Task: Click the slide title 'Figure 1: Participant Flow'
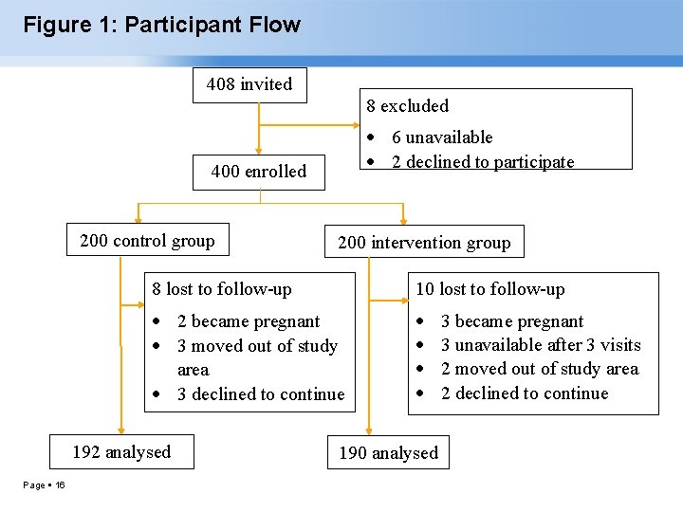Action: coord(161,26)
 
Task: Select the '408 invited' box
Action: coord(249,84)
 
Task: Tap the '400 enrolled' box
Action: coord(258,172)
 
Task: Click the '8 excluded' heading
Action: coord(407,106)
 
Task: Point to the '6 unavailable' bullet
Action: coord(442,137)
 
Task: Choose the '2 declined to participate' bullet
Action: coord(483,162)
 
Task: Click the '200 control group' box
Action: coord(147,241)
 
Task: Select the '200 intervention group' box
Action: coord(424,243)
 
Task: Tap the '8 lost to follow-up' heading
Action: coord(222,289)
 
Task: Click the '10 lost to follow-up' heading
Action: coord(489,289)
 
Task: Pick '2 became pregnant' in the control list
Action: coord(249,321)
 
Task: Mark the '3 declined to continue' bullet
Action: coord(261,394)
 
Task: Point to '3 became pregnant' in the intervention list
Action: coord(512,321)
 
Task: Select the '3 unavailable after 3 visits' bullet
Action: coord(541,345)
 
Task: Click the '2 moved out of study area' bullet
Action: coord(540,369)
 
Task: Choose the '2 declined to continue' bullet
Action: coord(525,393)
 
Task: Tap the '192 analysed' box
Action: coord(122,452)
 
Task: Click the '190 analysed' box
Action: coord(389,453)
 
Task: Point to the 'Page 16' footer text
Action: coord(45,485)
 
